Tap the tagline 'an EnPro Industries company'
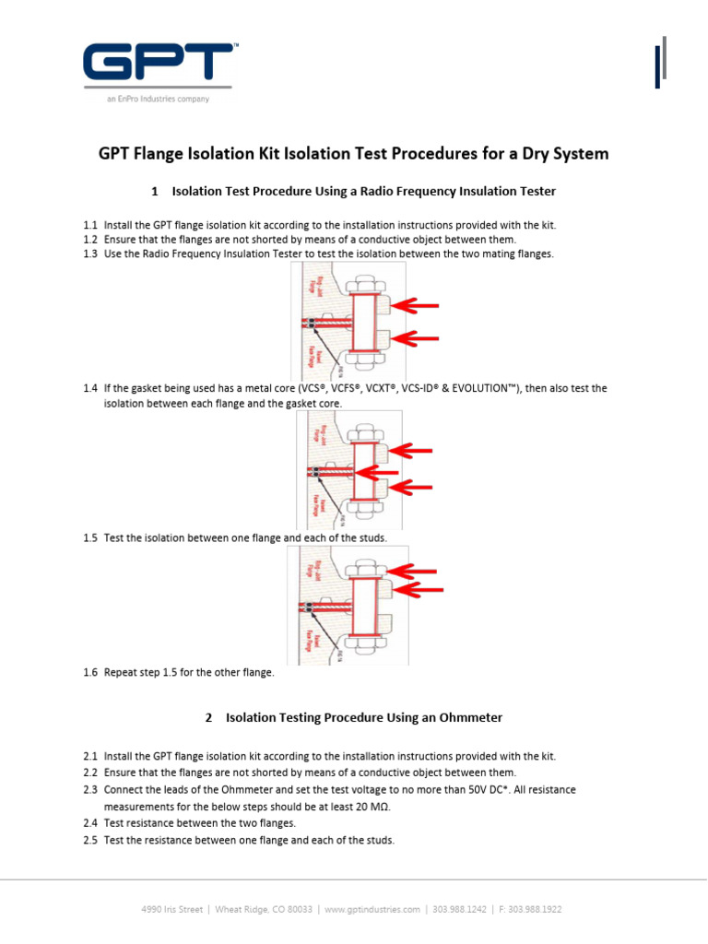click(158, 100)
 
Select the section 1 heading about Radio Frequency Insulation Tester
click(353, 191)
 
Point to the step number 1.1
click(89, 225)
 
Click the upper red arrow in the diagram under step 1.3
click(419, 305)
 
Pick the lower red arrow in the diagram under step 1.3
click(419, 339)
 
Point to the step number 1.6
click(89, 673)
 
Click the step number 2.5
click(89, 840)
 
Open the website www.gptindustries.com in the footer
click(372, 909)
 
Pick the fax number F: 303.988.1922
click(530, 909)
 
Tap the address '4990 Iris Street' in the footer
click(171, 909)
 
